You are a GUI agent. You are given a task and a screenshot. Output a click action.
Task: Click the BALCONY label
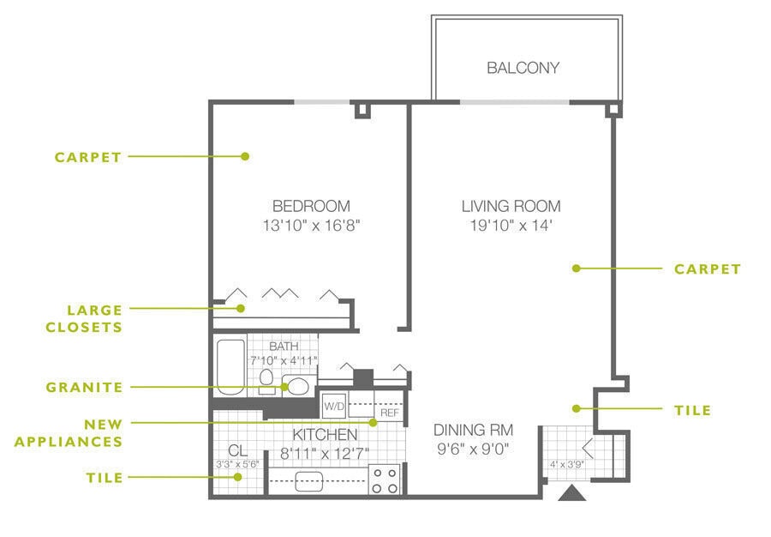click(x=523, y=68)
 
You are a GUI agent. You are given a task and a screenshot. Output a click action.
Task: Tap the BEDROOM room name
click(x=311, y=206)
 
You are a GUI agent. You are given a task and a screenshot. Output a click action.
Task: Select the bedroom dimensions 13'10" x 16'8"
click(x=311, y=226)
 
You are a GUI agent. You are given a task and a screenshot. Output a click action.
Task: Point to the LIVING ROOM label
click(x=511, y=206)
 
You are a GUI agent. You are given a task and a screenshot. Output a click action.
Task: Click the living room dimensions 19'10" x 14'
click(x=511, y=226)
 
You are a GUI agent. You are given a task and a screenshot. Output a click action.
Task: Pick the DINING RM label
click(x=473, y=430)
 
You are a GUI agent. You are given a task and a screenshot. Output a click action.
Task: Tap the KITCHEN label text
click(x=325, y=435)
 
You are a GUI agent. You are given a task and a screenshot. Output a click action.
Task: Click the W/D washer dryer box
click(x=334, y=406)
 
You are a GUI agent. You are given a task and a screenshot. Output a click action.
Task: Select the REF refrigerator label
click(x=390, y=413)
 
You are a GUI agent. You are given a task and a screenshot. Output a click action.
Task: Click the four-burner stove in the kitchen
click(x=385, y=480)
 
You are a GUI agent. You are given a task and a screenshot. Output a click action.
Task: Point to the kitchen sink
click(x=308, y=481)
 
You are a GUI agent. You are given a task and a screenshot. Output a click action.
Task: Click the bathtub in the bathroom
click(x=231, y=366)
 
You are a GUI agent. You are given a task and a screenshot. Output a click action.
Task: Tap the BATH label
click(x=284, y=346)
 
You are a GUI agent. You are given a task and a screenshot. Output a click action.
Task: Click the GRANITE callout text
click(x=84, y=388)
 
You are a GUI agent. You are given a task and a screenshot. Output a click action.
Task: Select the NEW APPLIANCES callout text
click(x=69, y=432)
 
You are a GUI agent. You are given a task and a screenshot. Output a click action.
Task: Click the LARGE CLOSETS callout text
click(x=84, y=318)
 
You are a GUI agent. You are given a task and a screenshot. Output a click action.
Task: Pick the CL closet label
click(x=237, y=450)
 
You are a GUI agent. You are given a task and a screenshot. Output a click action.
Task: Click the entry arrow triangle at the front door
click(x=572, y=493)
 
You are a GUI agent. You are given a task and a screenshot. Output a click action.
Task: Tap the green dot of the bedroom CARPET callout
click(x=245, y=156)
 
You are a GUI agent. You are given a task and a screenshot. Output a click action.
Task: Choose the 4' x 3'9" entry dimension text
click(x=567, y=464)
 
